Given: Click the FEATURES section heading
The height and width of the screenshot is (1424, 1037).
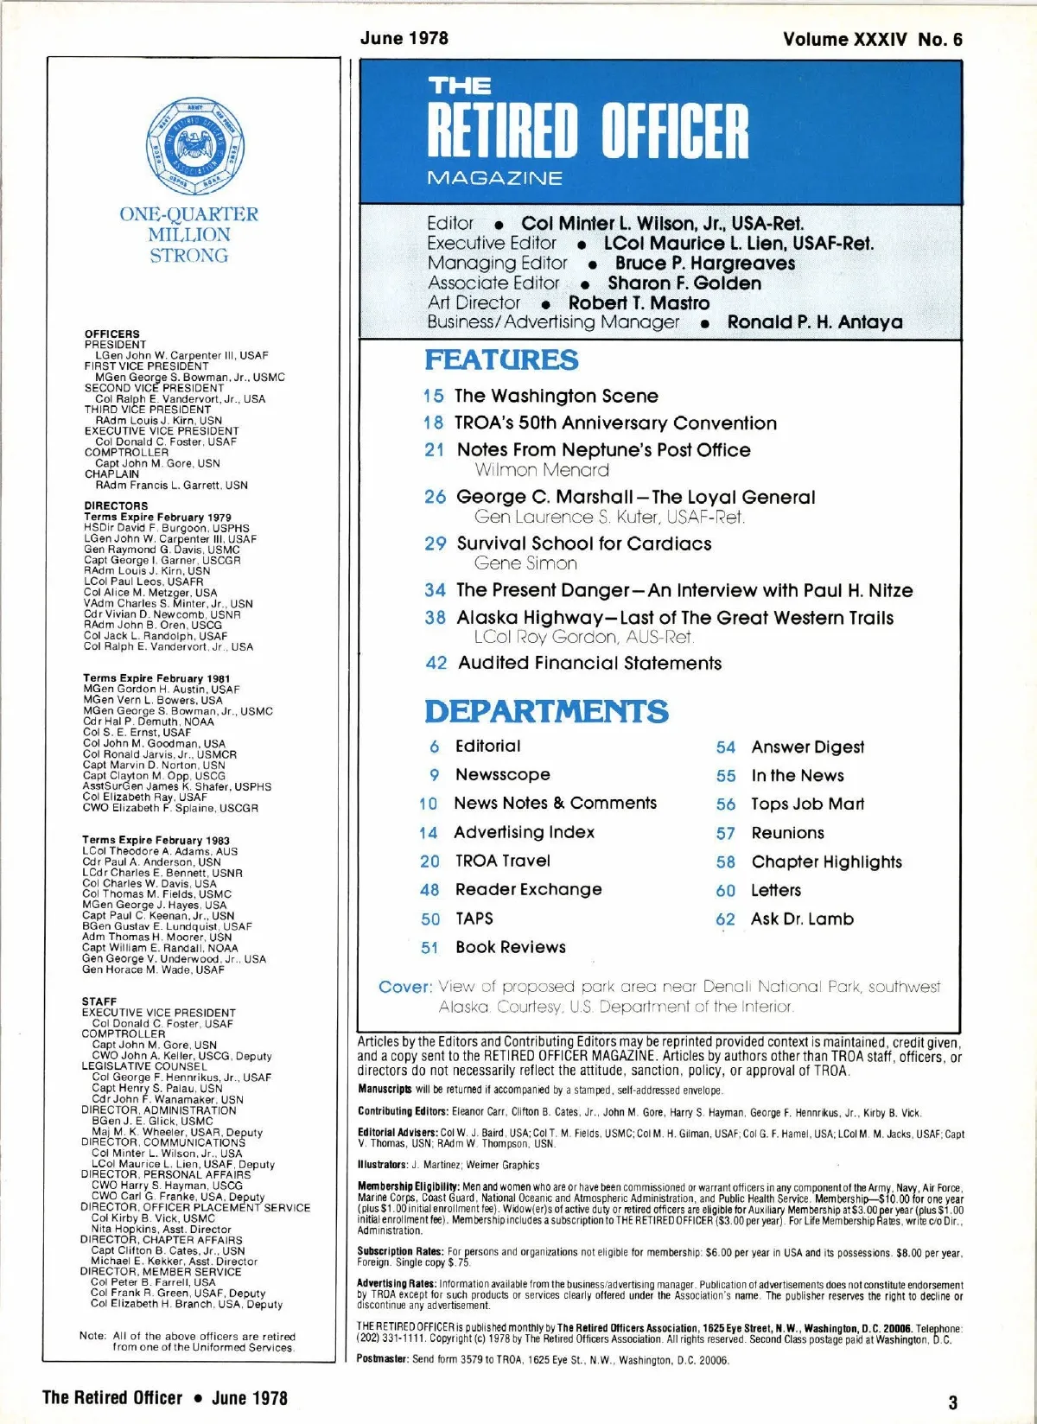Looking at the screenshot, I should pyautogui.click(x=501, y=359).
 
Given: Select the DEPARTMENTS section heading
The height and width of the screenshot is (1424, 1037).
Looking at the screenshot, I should pyautogui.click(x=546, y=711).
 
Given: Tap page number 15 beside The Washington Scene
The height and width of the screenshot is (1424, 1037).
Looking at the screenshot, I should pyautogui.click(x=434, y=397).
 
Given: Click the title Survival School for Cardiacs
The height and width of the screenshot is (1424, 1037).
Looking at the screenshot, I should pyautogui.click(x=584, y=544).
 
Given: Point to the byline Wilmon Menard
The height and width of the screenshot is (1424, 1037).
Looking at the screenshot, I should pyautogui.click(x=542, y=470).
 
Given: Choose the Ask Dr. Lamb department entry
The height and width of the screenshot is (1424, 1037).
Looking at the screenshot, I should pyautogui.click(x=802, y=919).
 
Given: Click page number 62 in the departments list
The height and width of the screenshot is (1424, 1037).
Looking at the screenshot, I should pyautogui.click(x=725, y=920).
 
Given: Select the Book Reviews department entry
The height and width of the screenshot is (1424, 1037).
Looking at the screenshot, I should pyautogui.click(x=511, y=947).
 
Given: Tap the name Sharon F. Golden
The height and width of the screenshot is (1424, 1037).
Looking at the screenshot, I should pyautogui.click(x=684, y=283).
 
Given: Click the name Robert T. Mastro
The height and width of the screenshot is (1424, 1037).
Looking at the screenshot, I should pyautogui.click(x=639, y=303).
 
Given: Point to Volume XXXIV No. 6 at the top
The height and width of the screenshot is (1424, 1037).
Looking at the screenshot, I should pyautogui.click(x=872, y=40).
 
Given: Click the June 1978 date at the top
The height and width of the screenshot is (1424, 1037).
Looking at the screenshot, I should pyautogui.click(x=404, y=38).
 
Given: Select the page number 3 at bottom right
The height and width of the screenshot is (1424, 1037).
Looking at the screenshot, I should pyautogui.click(x=952, y=1402).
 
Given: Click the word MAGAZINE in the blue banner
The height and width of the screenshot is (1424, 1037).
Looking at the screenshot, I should pyautogui.click(x=494, y=178).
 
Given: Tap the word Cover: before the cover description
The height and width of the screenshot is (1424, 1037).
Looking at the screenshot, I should pyautogui.click(x=404, y=987).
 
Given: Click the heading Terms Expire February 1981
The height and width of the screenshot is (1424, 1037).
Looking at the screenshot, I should pyautogui.click(x=156, y=678).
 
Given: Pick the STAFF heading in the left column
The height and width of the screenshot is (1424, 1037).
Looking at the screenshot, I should pyautogui.click(x=99, y=1001).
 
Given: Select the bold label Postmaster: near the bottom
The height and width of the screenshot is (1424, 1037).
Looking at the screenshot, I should pyautogui.click(x=384, y=1359).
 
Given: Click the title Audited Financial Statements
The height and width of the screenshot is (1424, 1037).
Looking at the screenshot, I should pyautogui.click(x=589, y=663).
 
